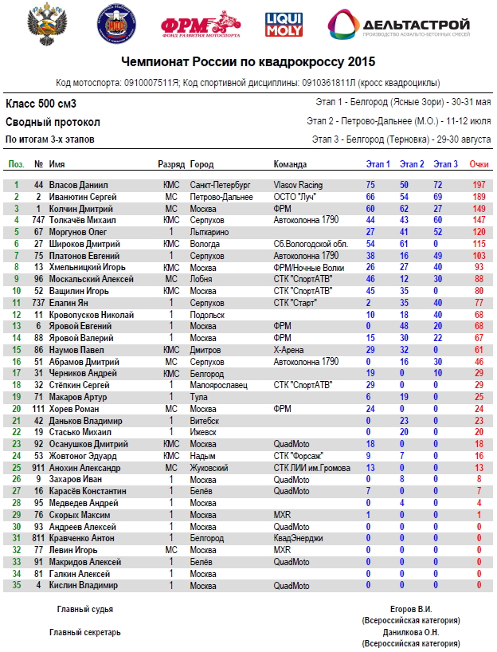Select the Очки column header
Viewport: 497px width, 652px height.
click(479, 165)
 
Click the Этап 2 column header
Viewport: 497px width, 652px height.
click(412, 165)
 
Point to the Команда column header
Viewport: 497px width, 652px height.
click(290, 165)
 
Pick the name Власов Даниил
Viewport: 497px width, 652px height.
click(75, 184)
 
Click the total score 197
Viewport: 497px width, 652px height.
click(479, 184)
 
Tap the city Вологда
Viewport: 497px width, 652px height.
click(206, 243)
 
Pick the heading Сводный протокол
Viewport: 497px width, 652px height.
click(53, 122)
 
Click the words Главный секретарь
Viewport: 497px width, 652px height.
click(85, 632)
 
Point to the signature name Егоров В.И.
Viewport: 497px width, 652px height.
click(410, 608)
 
